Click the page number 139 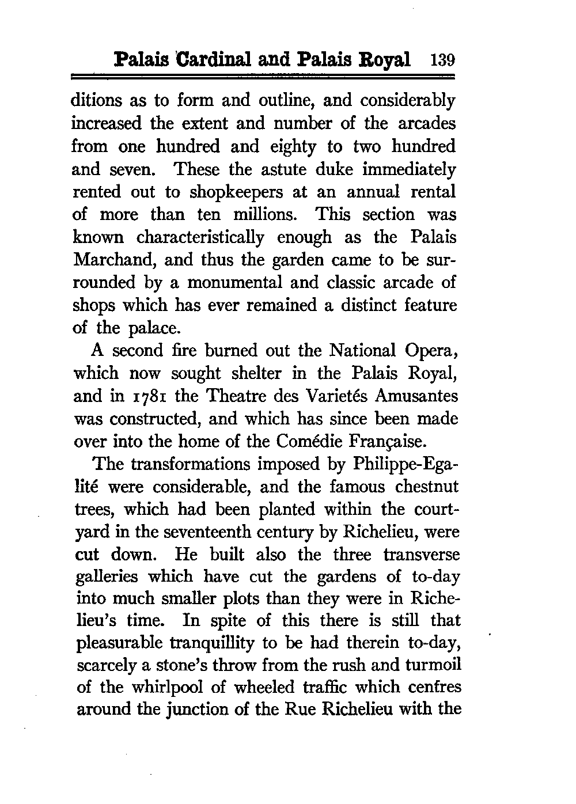pyautogui.click(x=442, y=60)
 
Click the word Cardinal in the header pyautogui.click(x=211, y=59)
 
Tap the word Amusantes pyautogui.click(x=424, y=396)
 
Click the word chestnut pyautogui.click(x=427, y=487)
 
